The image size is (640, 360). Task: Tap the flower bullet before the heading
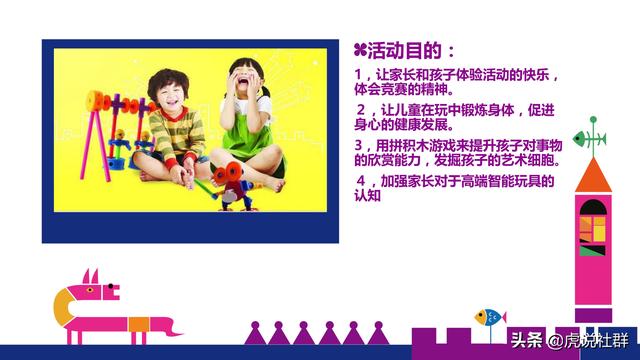click(361, 50)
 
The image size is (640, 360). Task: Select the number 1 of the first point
click(360, 76)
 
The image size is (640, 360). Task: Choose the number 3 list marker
click(360, 145)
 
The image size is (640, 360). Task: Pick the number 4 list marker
click(360, 181)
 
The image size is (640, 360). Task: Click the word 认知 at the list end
click(368, 196)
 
